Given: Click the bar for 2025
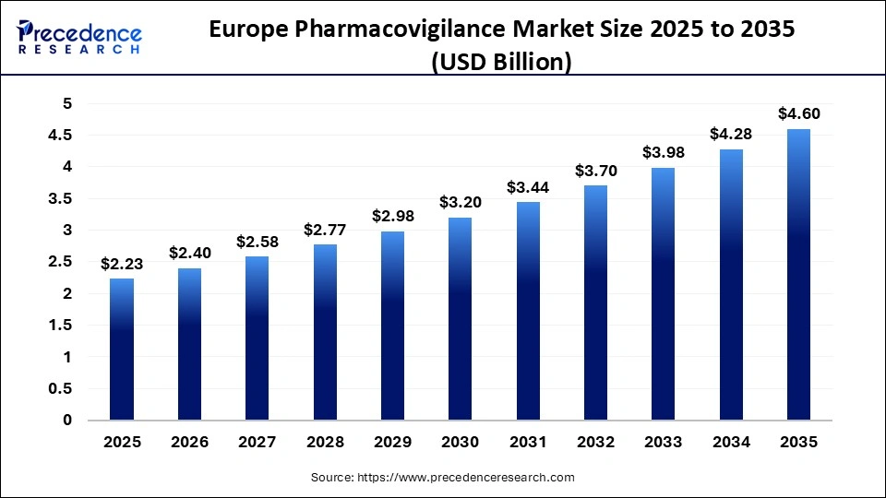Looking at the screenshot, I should pos(122,350).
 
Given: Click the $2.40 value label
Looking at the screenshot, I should pos(189,252).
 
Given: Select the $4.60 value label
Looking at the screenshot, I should pos(798,113).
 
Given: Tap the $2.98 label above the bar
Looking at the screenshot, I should pos(392,216).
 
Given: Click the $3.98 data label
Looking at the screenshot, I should pos(663,152).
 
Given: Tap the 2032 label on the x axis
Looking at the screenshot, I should pos(595,443).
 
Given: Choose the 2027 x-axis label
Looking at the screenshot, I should pos(257,443).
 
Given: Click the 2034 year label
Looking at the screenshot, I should pos(731,443).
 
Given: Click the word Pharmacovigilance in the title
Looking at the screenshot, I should pos(389,30).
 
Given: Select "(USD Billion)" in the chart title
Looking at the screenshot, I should pos(502,62).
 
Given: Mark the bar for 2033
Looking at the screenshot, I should pos(663,294).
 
